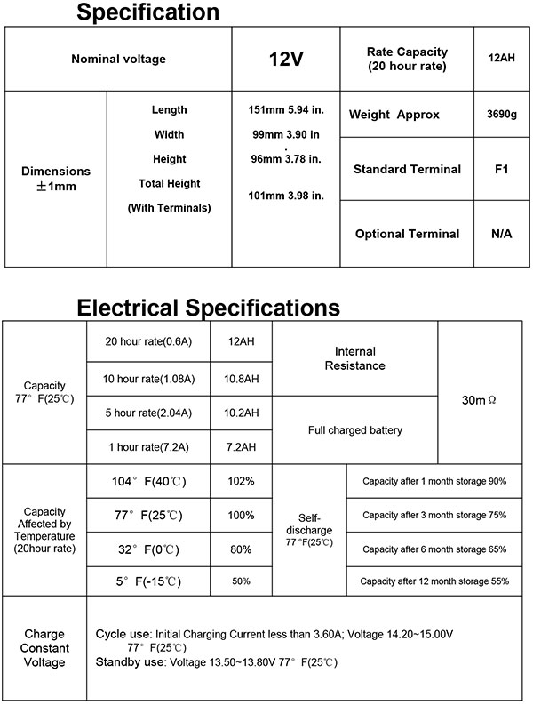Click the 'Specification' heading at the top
[147, 12]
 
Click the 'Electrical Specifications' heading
[208, 308]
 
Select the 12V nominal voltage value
[286, 60]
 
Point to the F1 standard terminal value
[500, 169]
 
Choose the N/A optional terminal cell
[500, 234]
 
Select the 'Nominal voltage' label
[118, 60]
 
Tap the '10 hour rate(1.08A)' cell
[148, 379]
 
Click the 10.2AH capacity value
[241, 413]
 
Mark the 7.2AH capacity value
[241, 446]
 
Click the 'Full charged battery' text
[354, 430]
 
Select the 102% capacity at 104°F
[241, 481]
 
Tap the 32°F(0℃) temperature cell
[148, 549]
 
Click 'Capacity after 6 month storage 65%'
[434, 549]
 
